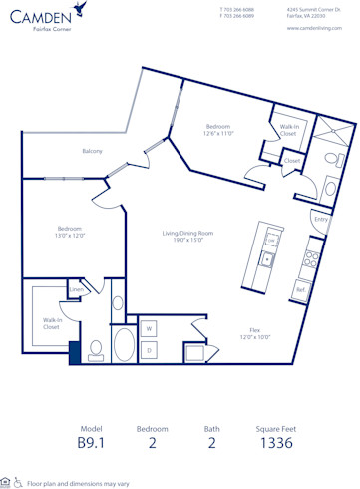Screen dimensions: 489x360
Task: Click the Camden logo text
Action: coord(43,16)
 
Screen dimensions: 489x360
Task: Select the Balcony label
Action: coord(94,151)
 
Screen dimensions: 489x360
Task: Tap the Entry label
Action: coord(320,218)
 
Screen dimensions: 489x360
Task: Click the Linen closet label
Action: coord(76,290)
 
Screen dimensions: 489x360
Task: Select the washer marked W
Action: coord(149,327)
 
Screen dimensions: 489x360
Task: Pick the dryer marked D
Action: coord(149,349)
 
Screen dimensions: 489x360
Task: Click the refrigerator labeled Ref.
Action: coord(300,290)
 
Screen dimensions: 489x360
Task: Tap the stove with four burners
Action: coord(312,261)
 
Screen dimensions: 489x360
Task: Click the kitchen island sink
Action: coord(267,259)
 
